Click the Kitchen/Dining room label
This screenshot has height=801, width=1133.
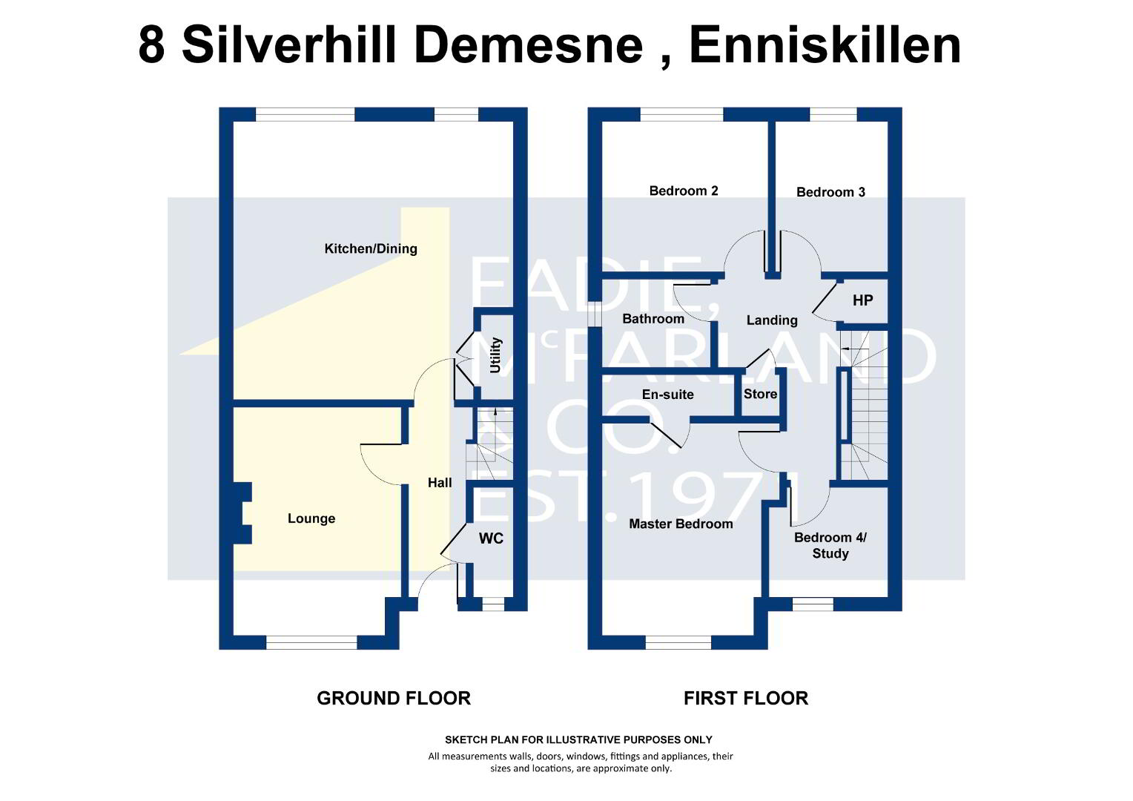371,249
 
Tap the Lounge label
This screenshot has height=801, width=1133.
311,518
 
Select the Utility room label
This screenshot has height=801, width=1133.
495,355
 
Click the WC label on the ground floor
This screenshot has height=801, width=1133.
491,538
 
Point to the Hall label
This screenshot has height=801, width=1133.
440,483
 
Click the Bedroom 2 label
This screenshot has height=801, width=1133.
684,191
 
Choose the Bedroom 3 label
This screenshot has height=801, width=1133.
830,192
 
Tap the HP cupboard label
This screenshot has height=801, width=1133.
862,300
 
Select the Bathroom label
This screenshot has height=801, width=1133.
653,319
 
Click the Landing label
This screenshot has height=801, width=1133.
772,320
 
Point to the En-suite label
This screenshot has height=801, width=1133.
667,395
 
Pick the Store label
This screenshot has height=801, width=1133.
760,394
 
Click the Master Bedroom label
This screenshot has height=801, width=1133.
681,524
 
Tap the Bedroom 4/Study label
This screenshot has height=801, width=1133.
830,545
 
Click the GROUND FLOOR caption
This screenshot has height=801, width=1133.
394,699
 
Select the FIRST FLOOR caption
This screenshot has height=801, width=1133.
745,699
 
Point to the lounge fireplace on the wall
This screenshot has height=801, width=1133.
242,513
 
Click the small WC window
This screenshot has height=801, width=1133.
493,604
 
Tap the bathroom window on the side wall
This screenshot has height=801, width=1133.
595,314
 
